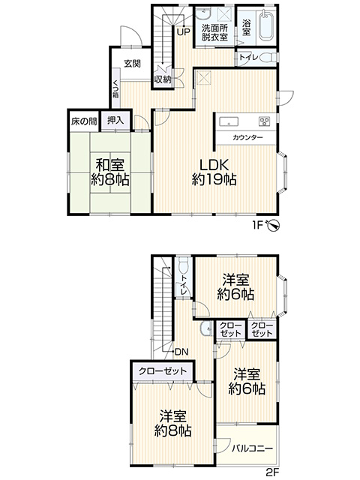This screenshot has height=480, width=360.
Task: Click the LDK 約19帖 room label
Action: (214, 172)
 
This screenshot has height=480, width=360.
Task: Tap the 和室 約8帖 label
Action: (110, 172)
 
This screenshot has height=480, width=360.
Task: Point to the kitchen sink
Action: (228, 121)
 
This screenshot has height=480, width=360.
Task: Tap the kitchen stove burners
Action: (264, 121)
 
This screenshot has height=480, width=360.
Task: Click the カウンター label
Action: (247, 137)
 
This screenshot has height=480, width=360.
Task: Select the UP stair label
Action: (183, 31)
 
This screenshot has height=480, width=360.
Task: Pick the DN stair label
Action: (181, 352)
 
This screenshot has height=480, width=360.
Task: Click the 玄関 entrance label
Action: (132, 64)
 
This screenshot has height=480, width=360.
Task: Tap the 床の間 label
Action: (83, 121)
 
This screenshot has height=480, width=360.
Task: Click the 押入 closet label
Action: (115, 120)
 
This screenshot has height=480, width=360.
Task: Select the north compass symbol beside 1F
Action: (273, 225)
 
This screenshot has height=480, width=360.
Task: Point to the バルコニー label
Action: (252, 448)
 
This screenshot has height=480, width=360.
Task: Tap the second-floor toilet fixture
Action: (183, 265)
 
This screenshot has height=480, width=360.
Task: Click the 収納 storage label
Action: (163, 79)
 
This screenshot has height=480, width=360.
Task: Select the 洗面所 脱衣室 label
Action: (214, 32)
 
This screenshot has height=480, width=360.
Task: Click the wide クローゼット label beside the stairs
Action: (163, 371)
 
